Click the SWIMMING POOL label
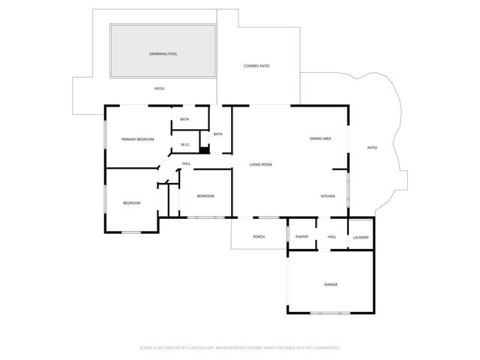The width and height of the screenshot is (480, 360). click(x=163, y=54)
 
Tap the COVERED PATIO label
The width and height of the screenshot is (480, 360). click(x=256, y=66)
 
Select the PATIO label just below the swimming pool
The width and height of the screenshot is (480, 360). click(x=159, y=89)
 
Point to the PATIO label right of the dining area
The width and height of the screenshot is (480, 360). click(x=372, y=148)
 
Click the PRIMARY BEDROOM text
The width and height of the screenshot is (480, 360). click(x=138, y=139)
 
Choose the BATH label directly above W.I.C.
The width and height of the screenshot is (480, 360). click(x=184, y=120)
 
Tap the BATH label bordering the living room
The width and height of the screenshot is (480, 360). click(x=217, y=134)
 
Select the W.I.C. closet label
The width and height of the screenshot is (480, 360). click(x=184, y=145)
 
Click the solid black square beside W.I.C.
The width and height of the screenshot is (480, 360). click(x=203, y=148)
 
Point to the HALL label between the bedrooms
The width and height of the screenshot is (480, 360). click(x=186, y=163)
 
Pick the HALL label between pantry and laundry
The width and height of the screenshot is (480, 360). click(x=331, y=237)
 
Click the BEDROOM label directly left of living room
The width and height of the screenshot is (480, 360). click(x=205, y=196)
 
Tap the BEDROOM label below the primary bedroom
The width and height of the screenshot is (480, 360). click(x=132, y=203)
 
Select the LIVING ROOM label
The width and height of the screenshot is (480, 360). click(x=260, y=164)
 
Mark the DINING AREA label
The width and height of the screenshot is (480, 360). click(x=321, y=139)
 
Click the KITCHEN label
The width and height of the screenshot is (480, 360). click(x=328, y=196)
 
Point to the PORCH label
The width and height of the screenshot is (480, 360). click(x=259, y=237)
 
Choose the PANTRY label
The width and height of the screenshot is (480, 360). click(x=302, y=237)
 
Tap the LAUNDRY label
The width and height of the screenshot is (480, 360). click(x=360, y=238)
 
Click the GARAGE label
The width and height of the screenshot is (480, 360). click(x=330, y=285)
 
